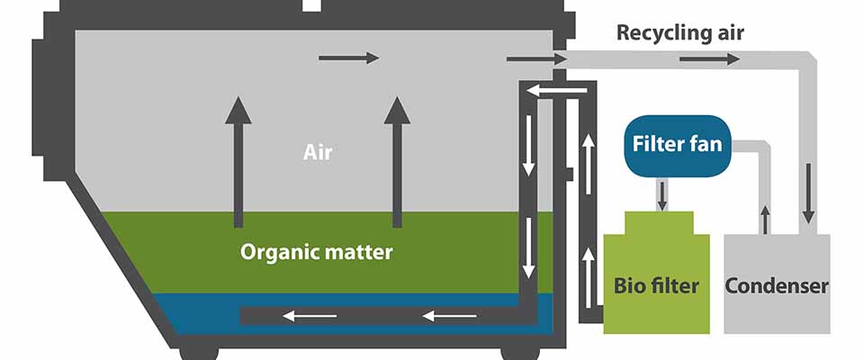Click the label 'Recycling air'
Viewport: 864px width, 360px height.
click(679, 34)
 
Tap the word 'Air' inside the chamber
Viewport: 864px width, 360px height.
click(318, 152)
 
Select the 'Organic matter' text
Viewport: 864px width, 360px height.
click(316, 252)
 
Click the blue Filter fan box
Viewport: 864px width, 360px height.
click(677, 145)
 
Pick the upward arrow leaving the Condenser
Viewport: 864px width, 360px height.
click(765, 219)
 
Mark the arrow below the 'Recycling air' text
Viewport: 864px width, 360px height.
click(709, 58)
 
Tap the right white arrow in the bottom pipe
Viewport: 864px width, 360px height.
click(449, 315)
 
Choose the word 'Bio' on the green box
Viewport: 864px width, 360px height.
click(631, 287)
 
